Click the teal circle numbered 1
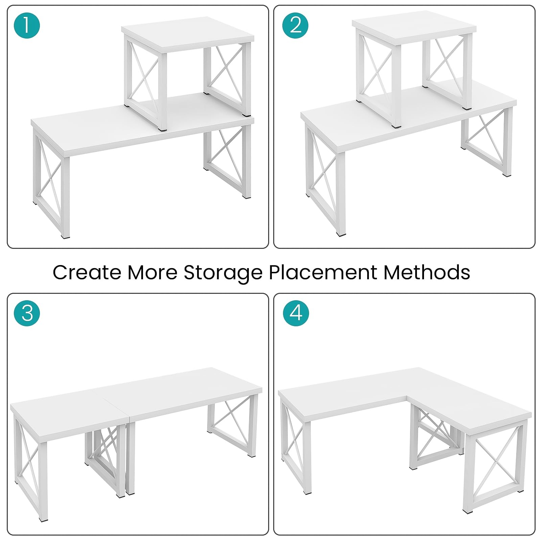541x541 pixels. click(x=27, y=25)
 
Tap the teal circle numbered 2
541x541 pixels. click(x=295, y=25)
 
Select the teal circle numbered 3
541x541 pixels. click(x=27, y=313)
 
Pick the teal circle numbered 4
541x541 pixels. click(x=296, y=313)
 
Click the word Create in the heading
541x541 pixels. click(x=87, y=272)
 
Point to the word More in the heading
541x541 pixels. click(x=152, y=272)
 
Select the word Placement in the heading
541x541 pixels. click(x=323, y=272)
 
